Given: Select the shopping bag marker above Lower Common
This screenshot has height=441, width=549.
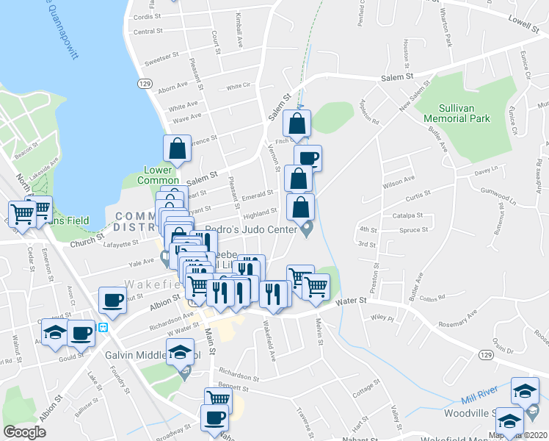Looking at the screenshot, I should click(x=178, y=148).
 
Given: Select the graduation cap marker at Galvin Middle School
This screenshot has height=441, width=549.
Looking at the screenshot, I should click(x=180, y=352).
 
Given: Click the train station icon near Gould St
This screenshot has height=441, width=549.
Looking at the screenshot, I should click(x=103, y=327).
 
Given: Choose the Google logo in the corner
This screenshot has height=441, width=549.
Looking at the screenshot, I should click(x=24, y=431).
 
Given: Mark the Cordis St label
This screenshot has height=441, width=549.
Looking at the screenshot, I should click(x=148, y=16).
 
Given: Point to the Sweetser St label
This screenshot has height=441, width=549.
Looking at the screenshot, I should click(x=161, y=57).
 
